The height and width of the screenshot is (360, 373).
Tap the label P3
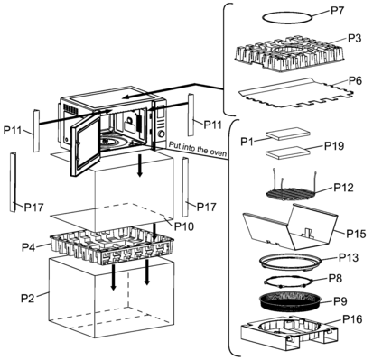point(354,38)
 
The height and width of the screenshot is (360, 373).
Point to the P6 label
point(355,80)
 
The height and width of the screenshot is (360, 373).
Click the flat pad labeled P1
point(288,134)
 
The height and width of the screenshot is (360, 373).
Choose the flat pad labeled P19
point(288,152)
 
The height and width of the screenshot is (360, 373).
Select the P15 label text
point(356,234)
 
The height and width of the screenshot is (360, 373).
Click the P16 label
point(352,319)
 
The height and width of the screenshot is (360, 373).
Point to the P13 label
point(349,257)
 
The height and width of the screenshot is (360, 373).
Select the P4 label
point(29,247)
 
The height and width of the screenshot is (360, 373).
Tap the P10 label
point(184,226)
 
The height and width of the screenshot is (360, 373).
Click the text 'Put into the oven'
point(198,149)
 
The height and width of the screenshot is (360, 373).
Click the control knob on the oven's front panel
point(162,134)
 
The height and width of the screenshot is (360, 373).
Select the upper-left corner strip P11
point(36,131)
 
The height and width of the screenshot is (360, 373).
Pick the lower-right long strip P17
point(185,188)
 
